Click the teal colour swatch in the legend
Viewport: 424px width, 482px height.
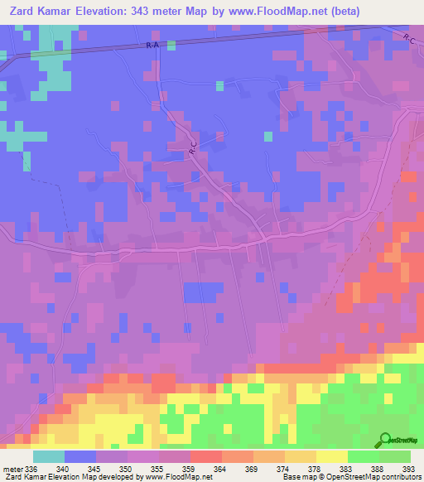pyautogui.click(x=49, y=456)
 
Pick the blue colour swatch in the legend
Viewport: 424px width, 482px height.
pyautogui.click(x=80, y=456)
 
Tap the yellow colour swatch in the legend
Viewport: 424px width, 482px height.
pyautogui.click(x=332, y=456)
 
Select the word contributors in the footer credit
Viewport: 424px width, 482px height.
pyautogui.click(x=398, y=477)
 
